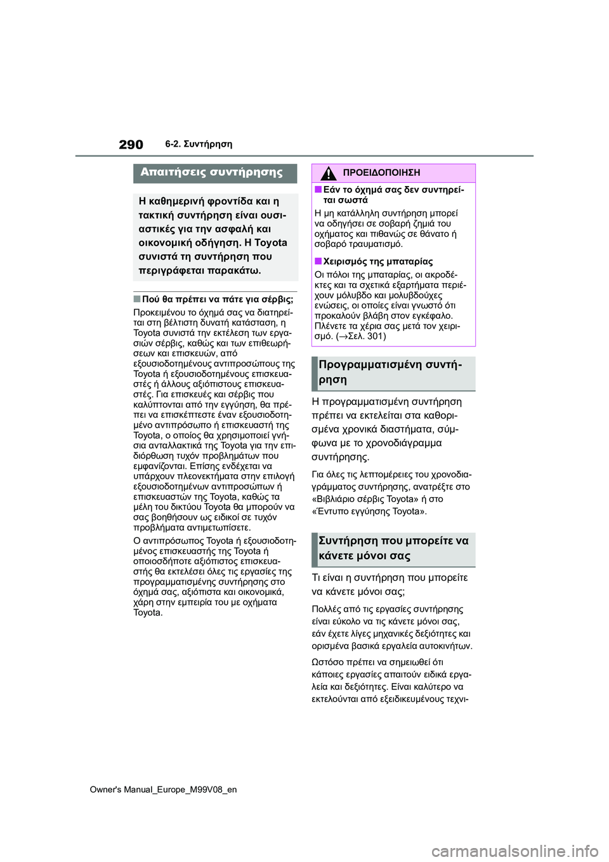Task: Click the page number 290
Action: [x=130, y=145]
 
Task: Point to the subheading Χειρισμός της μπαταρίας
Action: [x=378, y=262]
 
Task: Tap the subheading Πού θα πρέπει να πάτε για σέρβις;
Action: [x=218, y=298]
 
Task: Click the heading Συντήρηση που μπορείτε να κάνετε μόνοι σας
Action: [x=393, y=548]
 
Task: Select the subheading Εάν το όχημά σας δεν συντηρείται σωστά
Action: [x=393, y=195]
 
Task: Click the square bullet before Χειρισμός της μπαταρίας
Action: [x=318, y=262]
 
